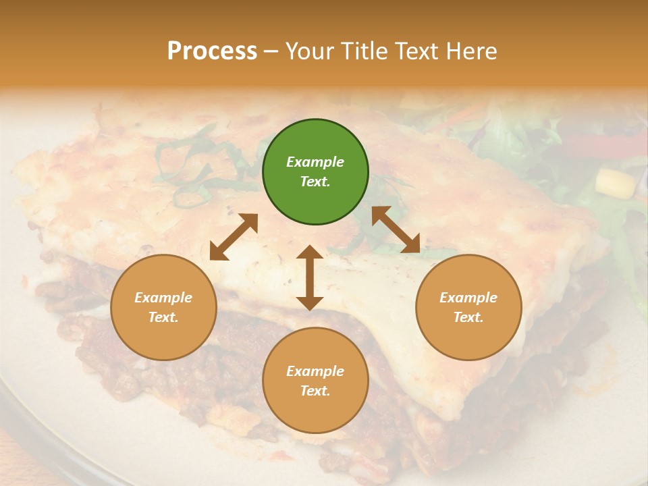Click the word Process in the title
coord(212,51)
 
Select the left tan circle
coord(163,307)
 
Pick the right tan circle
coord(468,307)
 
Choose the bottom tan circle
coord(315,381)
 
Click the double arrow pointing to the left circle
coord(234,237)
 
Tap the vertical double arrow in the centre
coord(310,277)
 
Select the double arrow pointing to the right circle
coord(396,230)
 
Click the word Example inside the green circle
coord(315,162)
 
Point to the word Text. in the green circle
coord(315,182)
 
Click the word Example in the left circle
coord(163,298)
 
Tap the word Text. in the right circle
coord(468,317)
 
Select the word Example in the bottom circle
coord(315,371)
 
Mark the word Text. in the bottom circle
coord(315,391)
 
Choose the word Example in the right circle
coord(468,298)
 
